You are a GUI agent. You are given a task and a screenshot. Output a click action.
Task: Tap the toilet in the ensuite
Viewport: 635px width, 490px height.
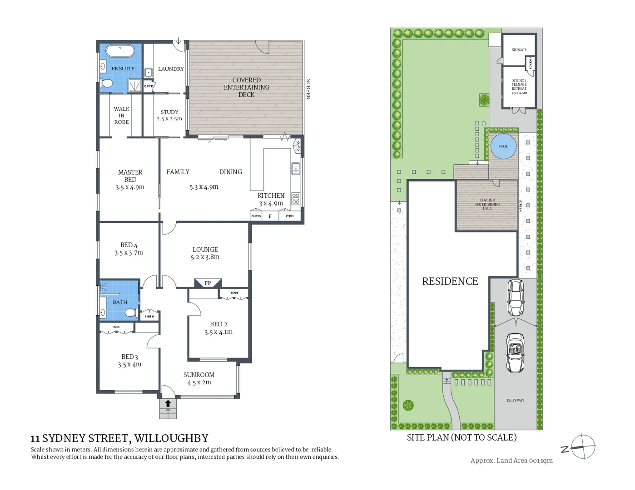tap(107, 83)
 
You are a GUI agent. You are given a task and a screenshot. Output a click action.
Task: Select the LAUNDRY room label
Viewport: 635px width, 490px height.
tap(171, 69)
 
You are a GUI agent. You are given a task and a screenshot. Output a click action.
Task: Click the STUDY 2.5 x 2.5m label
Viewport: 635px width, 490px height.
tap(169, 115)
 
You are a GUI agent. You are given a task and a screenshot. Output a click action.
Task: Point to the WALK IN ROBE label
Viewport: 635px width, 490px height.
tap(121, 115)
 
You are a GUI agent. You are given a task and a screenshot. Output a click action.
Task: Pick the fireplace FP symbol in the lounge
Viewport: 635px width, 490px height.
tap(208, 283)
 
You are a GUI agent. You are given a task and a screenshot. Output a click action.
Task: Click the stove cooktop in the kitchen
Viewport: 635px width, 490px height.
tap(296, 199)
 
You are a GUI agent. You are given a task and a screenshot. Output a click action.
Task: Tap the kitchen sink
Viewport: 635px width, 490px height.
tap(296, 169)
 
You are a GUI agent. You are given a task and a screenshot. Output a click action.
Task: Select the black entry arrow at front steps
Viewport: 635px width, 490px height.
tap(168, 403)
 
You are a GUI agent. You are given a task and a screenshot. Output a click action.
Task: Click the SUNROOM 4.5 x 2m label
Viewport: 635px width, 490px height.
tap(199, 378)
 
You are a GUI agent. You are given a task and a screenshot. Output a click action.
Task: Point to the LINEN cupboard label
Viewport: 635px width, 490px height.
tap(149, 316)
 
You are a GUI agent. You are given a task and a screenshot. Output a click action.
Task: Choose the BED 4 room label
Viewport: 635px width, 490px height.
tap(129, 249)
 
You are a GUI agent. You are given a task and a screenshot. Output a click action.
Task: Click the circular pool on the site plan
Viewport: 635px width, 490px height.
tap(503, 147)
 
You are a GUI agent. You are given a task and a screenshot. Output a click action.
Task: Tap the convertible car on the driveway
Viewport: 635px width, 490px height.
tap(515, 353)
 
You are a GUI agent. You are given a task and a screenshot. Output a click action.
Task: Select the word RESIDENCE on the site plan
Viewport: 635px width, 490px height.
tap(450, 281)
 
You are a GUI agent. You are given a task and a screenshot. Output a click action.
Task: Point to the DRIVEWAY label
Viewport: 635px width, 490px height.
tap(515, 400)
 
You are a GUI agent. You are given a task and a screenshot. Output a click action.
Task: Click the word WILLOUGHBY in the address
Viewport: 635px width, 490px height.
tap(171, 438)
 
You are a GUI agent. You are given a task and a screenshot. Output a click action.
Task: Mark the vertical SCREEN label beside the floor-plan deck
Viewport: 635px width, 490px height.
tap(308, 89)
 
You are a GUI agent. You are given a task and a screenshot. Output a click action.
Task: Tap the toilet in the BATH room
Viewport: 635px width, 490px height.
tap(130, 313)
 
